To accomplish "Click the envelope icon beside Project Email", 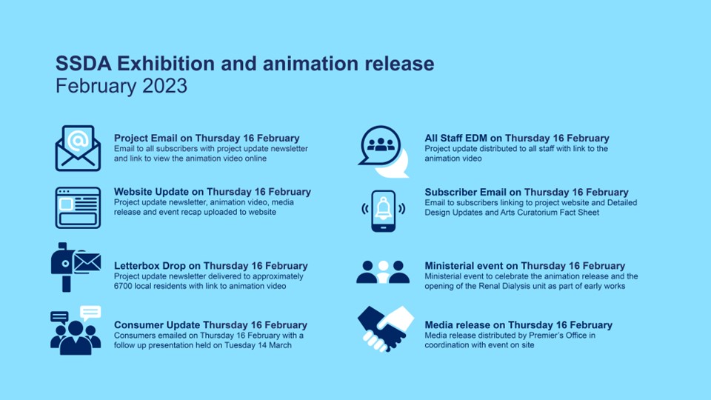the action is click(78, 148).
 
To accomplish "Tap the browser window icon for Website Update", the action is click(78, 207).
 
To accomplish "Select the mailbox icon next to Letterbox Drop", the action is click(76, 267).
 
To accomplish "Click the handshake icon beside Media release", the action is click(385, 329).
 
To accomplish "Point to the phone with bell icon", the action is click(383, 211).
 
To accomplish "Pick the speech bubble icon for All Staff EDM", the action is click(384, 151).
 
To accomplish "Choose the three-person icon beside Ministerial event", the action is click(383, 272).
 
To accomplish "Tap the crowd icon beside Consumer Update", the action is click(76, 330).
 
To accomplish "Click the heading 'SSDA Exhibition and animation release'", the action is click(245, 64).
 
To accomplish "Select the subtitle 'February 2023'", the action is click(121, 86).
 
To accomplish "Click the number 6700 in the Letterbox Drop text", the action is click(123, 286).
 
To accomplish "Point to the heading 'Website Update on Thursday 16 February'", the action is click(213, 192).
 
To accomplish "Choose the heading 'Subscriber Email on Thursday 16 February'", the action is click(527, 193).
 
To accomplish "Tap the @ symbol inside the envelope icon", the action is click(78, 141).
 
